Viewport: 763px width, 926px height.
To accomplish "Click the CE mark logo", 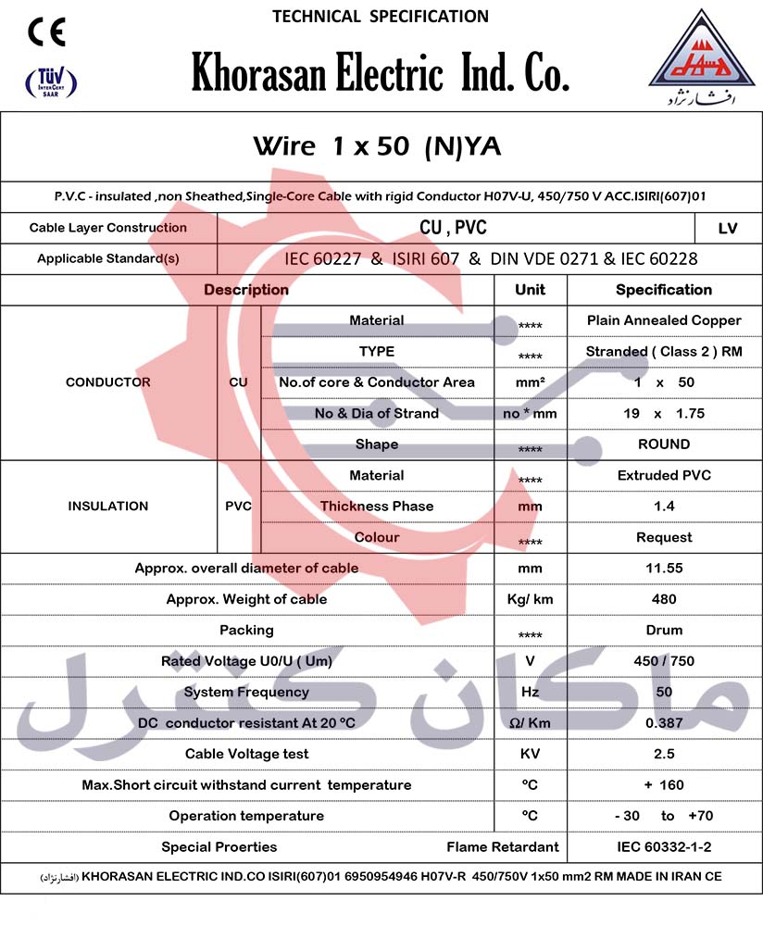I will click(x=46, y=33).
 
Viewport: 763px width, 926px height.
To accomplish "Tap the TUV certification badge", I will click(x=50, y=84).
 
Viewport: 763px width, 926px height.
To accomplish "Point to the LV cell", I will click(x=728, y=228).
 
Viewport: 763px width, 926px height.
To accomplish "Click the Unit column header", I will click(x=530, y=290).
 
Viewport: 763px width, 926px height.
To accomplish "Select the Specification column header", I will click(x=664, y=290).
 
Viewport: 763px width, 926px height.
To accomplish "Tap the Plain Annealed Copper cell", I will click(x=664, y=320).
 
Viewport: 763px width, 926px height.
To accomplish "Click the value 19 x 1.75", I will click(x=664, y=413).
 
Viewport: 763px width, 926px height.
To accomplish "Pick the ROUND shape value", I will click(x=664, y=444).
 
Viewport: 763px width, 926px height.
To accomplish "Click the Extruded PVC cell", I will click(x=664, y=475).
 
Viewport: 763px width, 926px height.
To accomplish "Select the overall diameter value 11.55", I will click(x=664, y=568).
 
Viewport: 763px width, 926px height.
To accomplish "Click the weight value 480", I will click(x=664, y=599).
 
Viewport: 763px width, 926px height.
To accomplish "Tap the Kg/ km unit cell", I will click(x=530, y=599).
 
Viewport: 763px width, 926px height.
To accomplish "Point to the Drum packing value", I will click(x=664, y=630).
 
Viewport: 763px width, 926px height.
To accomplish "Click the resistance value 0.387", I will click(x=664, y=722).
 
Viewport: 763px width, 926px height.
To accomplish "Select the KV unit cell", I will click(x=530, y=754).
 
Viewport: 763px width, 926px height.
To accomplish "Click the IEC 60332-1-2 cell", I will click(x=664, y=846).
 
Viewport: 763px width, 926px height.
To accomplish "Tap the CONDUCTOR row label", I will click(x=108, y=382).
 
